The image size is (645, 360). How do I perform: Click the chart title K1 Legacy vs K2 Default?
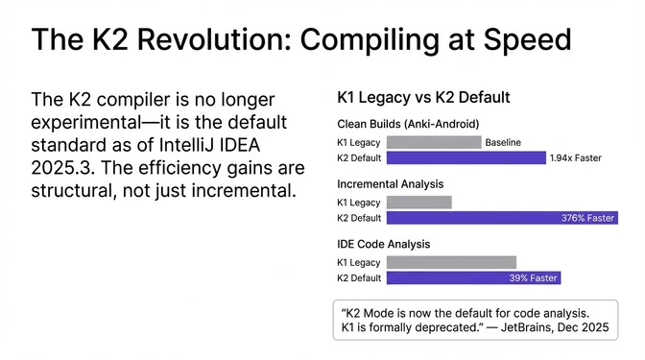click(422, 97)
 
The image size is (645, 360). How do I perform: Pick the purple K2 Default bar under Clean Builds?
click(466, 157)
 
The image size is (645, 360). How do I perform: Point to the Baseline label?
click(503, 142)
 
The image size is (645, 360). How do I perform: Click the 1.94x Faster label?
click(576, 157)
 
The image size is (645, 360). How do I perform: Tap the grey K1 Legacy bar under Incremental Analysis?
click(418, 203)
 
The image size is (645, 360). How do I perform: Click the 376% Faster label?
click(586, 218)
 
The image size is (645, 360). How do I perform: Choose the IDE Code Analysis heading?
click(382, 244)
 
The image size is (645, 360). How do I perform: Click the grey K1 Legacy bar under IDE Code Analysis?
click(451, 262)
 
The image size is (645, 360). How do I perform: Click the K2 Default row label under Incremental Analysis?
click(360, 218)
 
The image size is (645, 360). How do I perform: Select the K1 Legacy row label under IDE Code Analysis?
click(359, 262)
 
